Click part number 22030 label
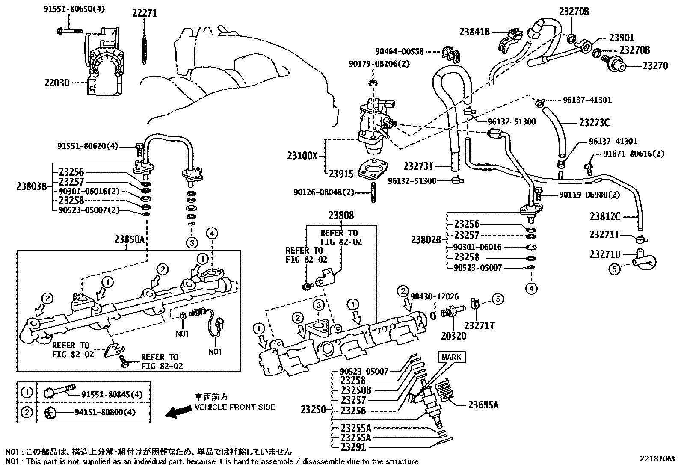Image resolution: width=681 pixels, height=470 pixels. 57,82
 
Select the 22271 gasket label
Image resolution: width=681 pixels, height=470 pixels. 144,13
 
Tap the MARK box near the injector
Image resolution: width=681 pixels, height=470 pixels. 451,357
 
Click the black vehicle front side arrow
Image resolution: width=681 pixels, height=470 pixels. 179,412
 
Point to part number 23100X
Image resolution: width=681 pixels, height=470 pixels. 302,156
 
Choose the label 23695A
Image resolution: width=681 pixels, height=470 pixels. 483,404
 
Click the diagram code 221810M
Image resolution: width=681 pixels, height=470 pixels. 657,458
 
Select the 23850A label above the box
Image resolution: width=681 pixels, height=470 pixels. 131,240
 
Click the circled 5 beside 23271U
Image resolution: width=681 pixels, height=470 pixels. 614,270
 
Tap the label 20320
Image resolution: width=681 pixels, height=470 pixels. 453,336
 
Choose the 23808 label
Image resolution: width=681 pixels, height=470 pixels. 341,216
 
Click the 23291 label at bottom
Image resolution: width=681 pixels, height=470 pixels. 354,447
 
